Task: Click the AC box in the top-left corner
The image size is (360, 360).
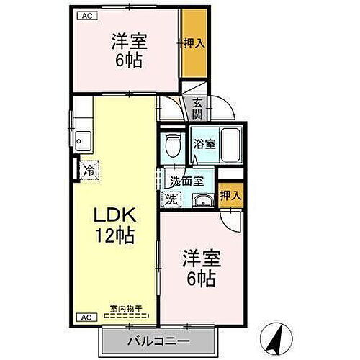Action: tap(86, 14)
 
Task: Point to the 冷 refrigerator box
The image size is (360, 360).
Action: tap(88, 171)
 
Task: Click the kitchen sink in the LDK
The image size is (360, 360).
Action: tap(82, 139)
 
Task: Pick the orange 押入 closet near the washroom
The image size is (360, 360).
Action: tap(230, 195)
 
